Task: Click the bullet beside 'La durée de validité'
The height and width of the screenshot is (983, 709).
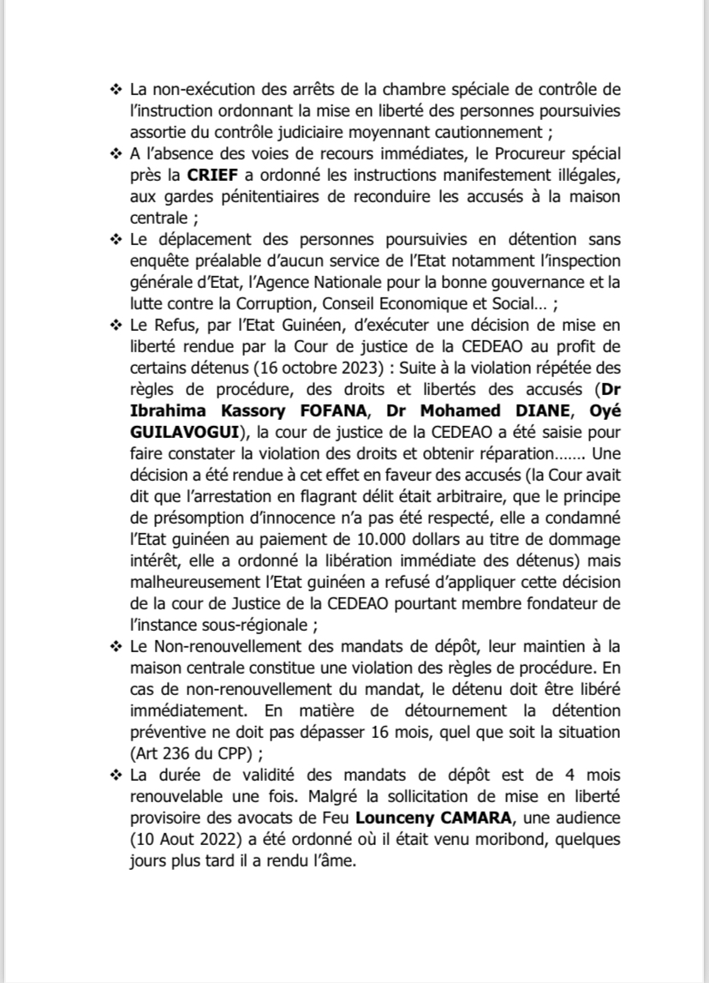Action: pyautogui.click(x=116, y=776)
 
